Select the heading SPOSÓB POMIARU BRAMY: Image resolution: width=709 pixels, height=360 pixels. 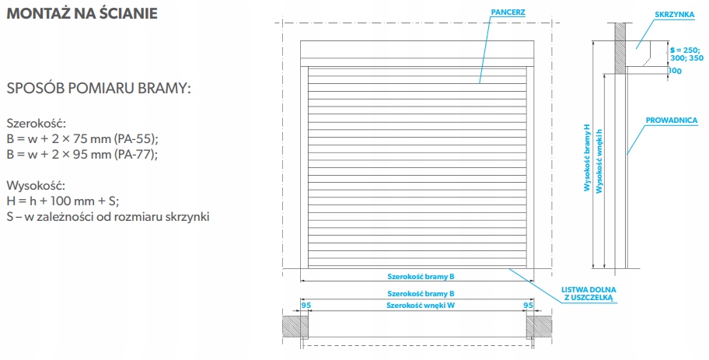click(x=99, y=89)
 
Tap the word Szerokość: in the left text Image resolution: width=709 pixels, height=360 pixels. click(x=37, y=124)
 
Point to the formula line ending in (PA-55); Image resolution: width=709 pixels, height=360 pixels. click(x=82, y=138)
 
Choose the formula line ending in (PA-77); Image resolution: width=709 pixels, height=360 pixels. click(x=82, y=154)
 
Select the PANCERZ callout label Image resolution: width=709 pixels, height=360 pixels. click(x=507, y=13)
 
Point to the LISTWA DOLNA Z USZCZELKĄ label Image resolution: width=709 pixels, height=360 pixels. click(x=588, y=293)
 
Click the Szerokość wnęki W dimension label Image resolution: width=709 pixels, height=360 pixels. click(x=420, y=306)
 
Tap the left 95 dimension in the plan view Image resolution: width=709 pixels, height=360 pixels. click(x=306, y=306)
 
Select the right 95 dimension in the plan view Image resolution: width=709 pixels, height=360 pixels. click(x=529, y=306)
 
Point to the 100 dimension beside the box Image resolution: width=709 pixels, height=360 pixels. click(x=674, y=71)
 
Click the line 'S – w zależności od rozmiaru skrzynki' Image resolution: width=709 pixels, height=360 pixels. click(x=108, y=215)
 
